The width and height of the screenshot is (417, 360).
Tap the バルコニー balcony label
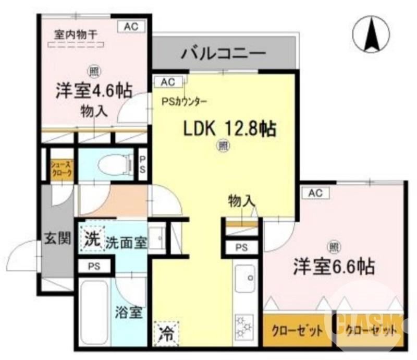coord(224,53)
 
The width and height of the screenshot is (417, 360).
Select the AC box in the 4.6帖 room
coord(130,27)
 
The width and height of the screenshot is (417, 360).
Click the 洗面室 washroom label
coord(126,242)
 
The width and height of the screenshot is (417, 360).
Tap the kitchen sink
coord(244,280)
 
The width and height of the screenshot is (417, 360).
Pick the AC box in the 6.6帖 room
coord(315,193)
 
